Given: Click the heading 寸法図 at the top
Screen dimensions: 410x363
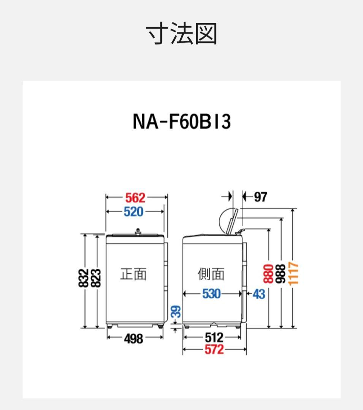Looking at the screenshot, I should [182, 34].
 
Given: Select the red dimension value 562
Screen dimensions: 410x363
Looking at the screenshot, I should [135, 197].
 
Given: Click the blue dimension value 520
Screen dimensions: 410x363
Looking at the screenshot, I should [133, 212].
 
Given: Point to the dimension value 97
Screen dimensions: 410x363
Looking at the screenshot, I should [260, 197].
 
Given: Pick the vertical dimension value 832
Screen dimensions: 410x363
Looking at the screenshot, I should [84, 278].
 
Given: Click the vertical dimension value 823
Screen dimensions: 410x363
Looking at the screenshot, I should [96, 278].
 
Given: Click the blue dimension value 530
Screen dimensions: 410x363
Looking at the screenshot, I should [211, 294].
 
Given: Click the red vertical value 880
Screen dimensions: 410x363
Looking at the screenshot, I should [268, 273].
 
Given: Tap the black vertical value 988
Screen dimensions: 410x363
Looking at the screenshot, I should [281, 273].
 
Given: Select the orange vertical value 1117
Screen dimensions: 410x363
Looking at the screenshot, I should [293, 273].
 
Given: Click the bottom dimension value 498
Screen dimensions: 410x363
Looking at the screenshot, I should [133, 338].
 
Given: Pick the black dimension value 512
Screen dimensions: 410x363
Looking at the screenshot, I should [214, 337].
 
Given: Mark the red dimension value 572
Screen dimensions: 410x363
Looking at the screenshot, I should [214, 350].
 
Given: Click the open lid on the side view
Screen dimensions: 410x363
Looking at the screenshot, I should [228, 221].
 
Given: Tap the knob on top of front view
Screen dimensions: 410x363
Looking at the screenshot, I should [138, 231].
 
